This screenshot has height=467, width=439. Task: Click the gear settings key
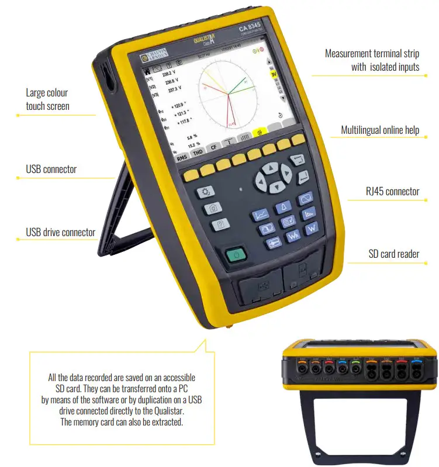coord(205,192)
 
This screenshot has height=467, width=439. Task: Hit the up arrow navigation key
coord(269,168)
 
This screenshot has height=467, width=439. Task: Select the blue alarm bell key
coord(285,207)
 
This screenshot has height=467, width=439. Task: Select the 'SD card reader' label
coord(393,254)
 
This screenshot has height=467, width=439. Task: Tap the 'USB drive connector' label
coord(60,232)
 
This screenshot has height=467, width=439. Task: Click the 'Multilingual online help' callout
coord(380,130)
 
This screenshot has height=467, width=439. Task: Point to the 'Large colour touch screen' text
coord(47,99)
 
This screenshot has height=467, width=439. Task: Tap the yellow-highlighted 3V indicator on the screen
coord(273,74)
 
